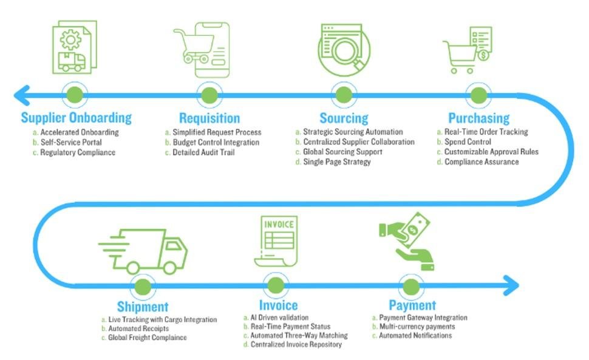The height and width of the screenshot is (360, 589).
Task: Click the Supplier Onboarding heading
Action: [76, 118]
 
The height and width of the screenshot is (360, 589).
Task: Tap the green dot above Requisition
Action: [209, 95]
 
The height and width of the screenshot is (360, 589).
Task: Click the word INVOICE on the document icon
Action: [279, 224]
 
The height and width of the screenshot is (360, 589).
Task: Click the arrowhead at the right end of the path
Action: [511, 284]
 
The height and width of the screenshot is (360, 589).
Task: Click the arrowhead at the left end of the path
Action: [22, 95]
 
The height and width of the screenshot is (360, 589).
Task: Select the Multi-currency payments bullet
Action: [417, 327]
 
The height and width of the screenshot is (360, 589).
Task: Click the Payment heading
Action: [412, 305]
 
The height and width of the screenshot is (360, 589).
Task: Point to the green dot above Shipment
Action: [143, 286]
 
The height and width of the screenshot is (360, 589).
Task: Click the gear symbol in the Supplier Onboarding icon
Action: [71, 40]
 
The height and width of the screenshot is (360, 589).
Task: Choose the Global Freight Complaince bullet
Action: [147, 338]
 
